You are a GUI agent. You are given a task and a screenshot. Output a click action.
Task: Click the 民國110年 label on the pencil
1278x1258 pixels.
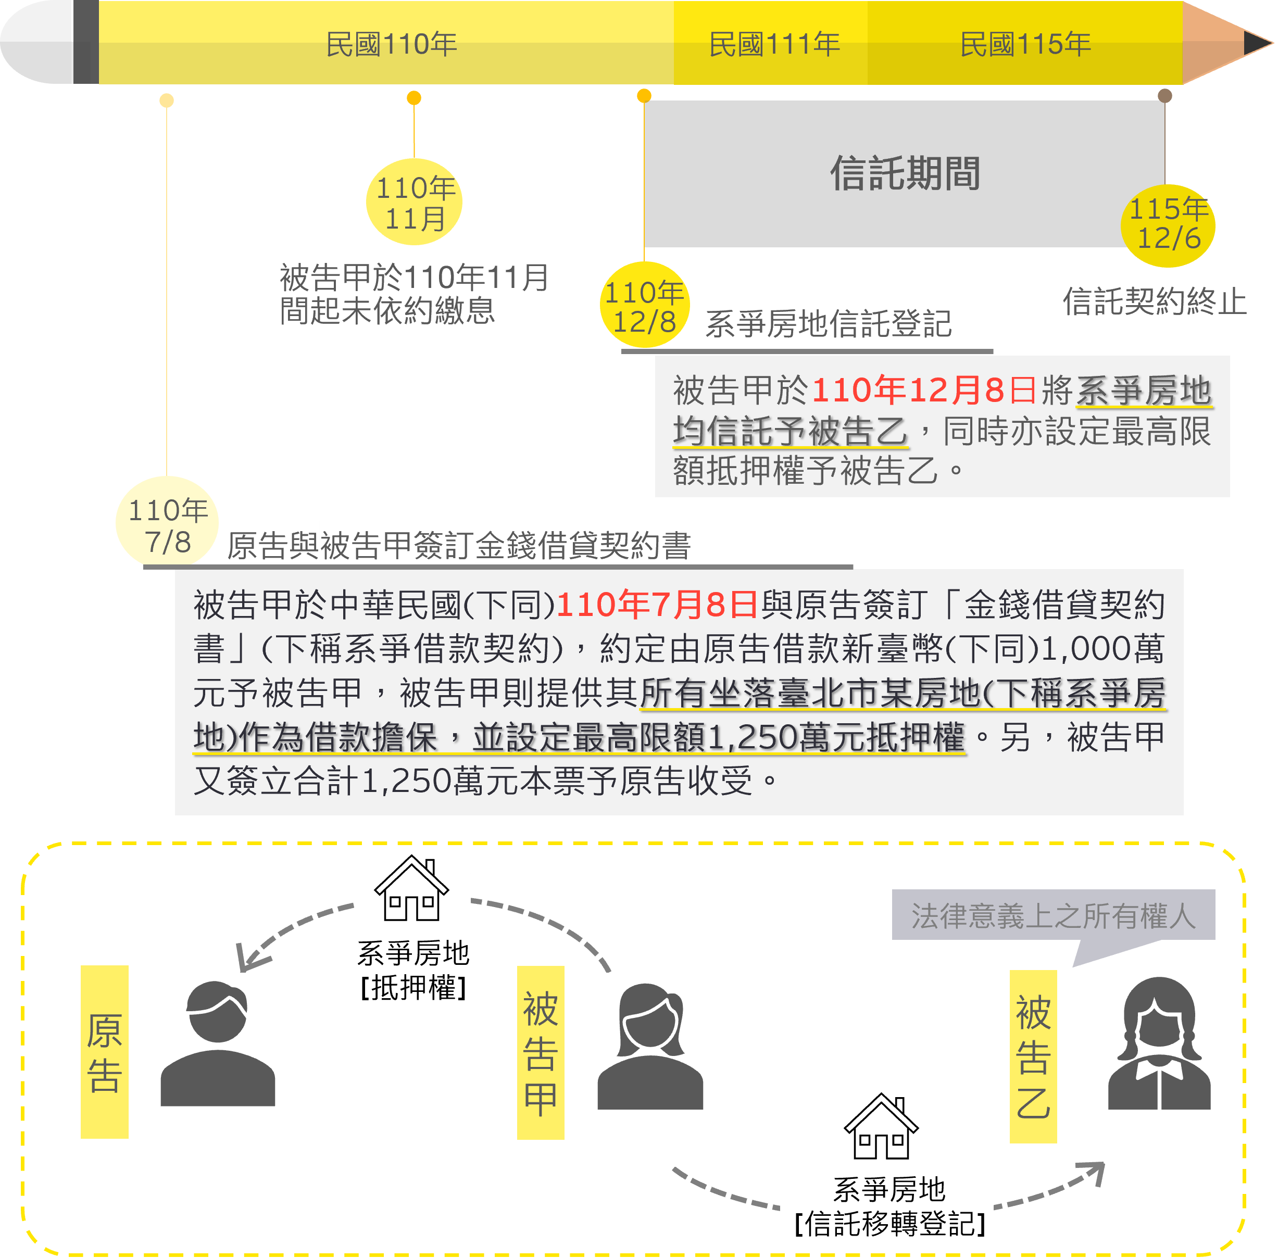[391, 44]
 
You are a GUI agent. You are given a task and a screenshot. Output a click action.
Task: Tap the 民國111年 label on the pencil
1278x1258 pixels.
[774, 44]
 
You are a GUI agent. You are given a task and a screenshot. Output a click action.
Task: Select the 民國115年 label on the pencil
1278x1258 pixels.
[1025, 44]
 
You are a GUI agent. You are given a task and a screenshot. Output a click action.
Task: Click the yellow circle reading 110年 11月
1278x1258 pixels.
[415, 202]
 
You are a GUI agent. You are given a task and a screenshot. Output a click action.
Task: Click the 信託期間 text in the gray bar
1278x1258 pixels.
[905, 174]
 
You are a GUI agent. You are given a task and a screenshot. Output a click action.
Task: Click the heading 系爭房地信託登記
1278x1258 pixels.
[828, 322]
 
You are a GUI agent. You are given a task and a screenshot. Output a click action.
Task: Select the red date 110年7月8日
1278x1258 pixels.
[657, 605]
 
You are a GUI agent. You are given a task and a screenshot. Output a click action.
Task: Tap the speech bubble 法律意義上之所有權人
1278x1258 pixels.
[1054, 916]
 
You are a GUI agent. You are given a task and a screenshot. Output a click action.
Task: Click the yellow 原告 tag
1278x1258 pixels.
[104, 1052]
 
